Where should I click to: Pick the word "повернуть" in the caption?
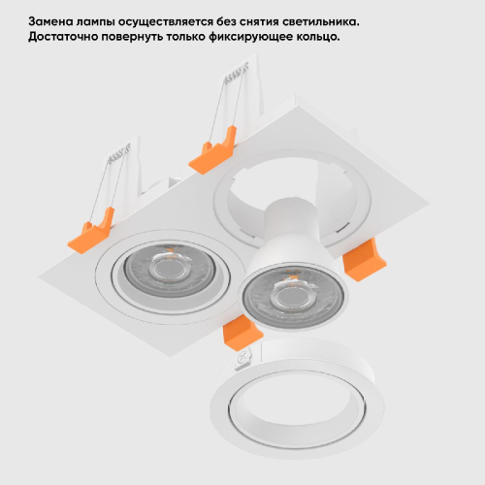click(132, 37)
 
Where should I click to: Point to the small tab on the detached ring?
click(245, 357)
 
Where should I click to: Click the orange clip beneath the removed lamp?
click(242, 332)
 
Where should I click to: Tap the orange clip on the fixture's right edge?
click(365, 259)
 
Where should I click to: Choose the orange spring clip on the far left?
click(91, 231)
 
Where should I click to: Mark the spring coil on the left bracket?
click(117, 152)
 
